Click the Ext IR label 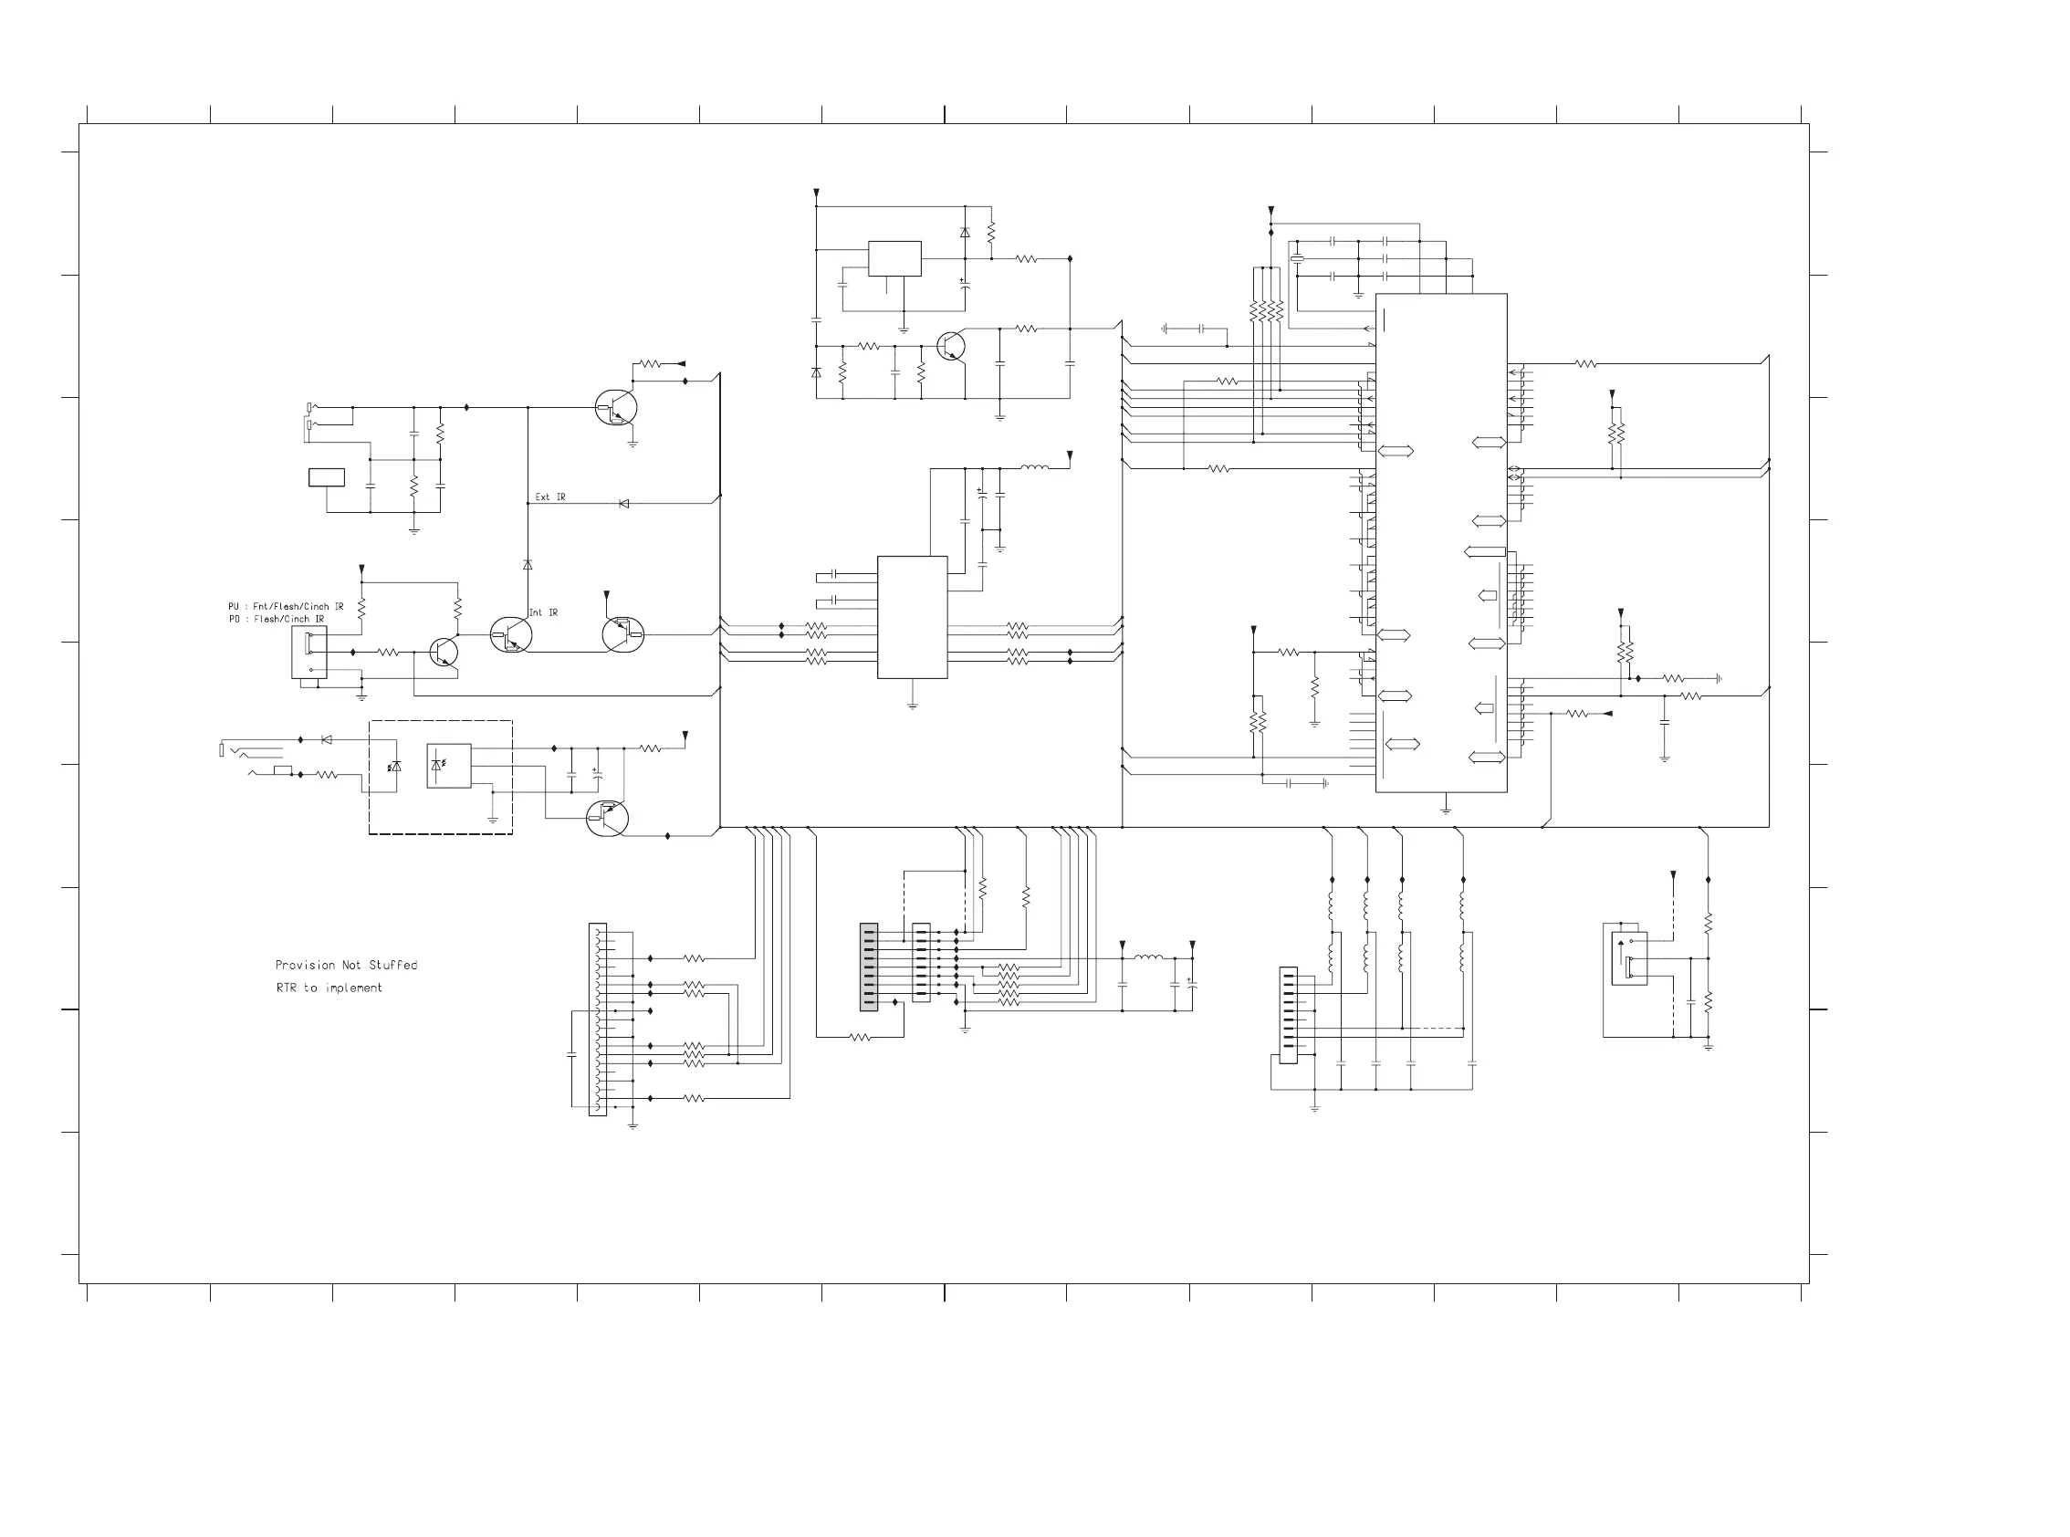pyautogui.click(x=549, y=497)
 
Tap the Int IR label pyautogui.click(x=543, y=612)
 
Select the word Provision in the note pyautogui.click(x=305, y=965)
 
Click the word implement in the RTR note pyautogui.click(x=353, y=988)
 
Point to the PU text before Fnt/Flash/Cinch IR pyautogui.click(x=234, y=607)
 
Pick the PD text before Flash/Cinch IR pyautogui.click(x=234, y=619)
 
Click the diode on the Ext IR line pyautogui.click(x=623, y=503)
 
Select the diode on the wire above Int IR pyautogui.click(x=528, y=565)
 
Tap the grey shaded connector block pyautogui.click(x=869, y=967)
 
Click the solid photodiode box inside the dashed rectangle pyautogui.click(x=448, y=766)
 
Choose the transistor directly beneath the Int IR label pyautogui.click(x=511, y=635)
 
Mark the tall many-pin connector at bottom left pyautogui.click(x=597, y=1019)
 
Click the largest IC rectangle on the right pyautogui.click(x=1441, y=543)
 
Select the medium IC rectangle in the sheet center pyautogui.click(x=912, y=618)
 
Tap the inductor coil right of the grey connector pyautogui.click(x=1148, y=957)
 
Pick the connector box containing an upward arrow pyautogui.click(x=1629, y=958)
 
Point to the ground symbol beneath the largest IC pyautogui.click(x=1446, y=810)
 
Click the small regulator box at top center pyautogui.click(x=895, y=258)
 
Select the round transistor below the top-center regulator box pyautogui.click(x=951, y=347)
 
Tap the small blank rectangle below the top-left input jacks pyautogui.click(x=327, y=477)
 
